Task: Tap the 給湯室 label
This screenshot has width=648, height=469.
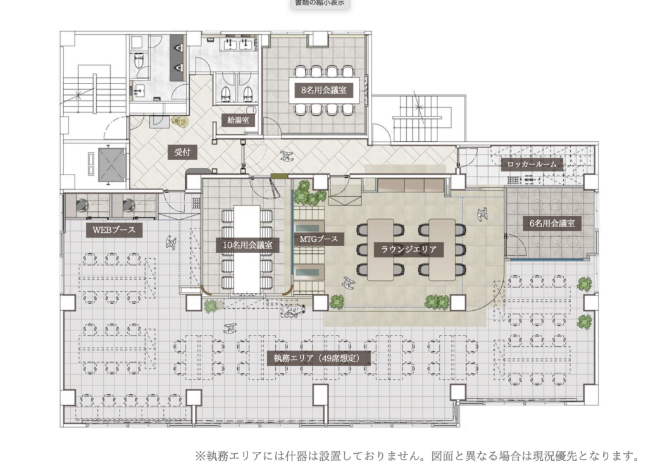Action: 238,121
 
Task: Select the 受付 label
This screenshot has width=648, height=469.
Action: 183,152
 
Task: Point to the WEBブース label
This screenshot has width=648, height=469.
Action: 114,230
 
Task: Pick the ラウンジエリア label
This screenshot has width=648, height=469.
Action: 408,249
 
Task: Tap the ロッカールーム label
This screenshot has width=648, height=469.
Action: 532,165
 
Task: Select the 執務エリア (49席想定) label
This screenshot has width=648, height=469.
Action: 317,358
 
